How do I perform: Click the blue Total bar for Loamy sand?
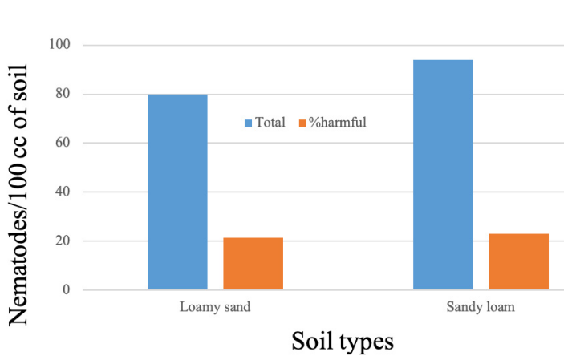[177, 192]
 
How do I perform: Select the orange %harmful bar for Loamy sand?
[253, 264]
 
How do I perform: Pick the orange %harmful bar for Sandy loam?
[518, 261]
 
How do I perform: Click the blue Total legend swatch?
[249, 123]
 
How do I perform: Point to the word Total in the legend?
[270, 123]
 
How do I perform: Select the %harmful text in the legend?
[339, 123]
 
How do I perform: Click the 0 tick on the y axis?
[67, 290]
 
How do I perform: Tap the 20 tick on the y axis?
[64, 241]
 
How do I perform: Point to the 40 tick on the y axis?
[64, 192]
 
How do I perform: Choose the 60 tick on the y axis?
[64, 144]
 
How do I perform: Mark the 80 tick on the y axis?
[64, 95]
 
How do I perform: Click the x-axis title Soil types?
[343, 341]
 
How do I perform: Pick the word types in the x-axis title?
[367, 342]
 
